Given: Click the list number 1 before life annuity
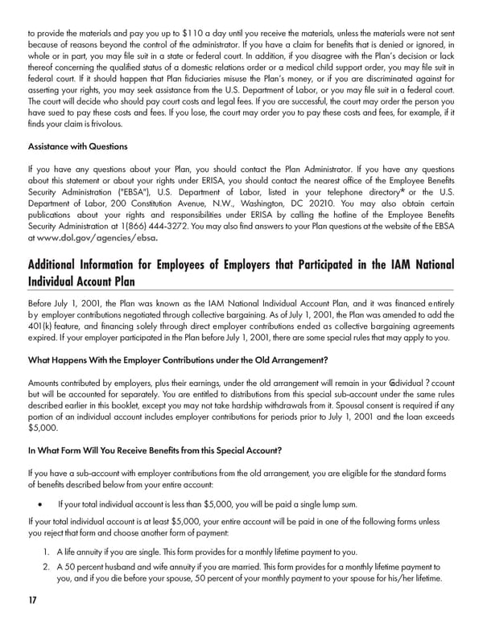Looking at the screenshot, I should click(47, 552).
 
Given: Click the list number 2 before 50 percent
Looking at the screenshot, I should click(47, 567).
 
